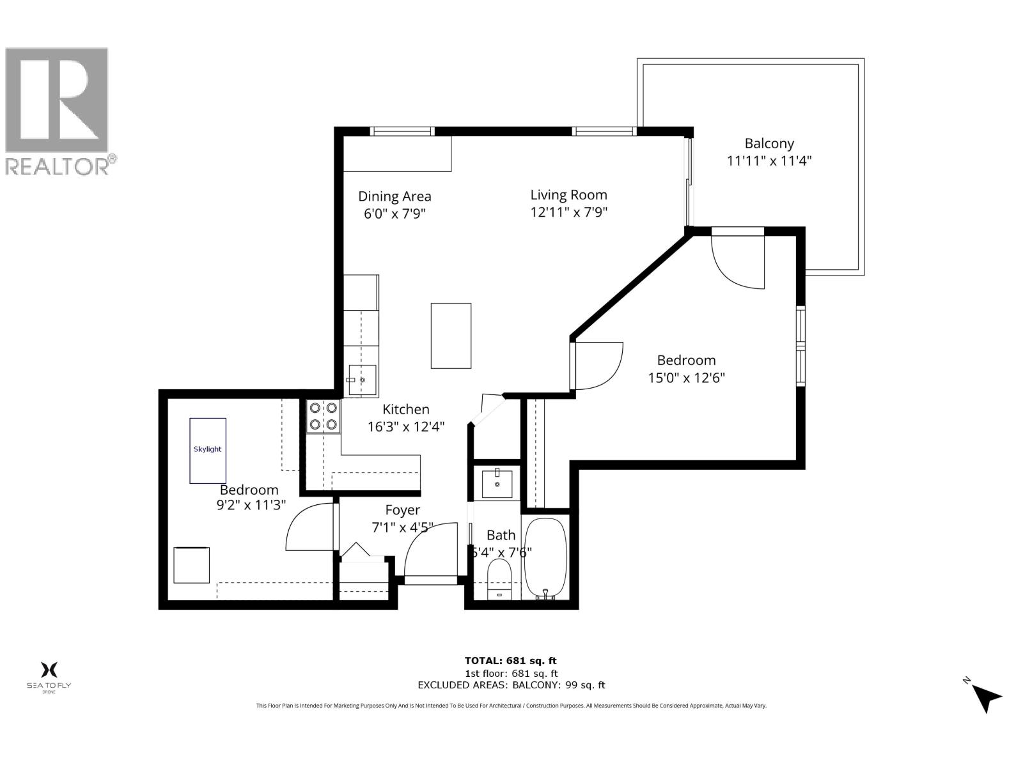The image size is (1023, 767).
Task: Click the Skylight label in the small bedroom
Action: point(207,449)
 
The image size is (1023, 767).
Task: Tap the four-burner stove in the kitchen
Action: point(323,416)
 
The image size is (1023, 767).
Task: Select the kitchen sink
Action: point(362,380)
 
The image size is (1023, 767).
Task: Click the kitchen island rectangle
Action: point(451,336)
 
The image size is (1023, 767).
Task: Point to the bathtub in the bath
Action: point(545,557)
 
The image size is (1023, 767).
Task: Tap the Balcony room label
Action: point(769,144)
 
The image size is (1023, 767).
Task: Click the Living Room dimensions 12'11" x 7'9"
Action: point(568,212)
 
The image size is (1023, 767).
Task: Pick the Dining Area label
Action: point(394,196)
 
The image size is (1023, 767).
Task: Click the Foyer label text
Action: point(402,510)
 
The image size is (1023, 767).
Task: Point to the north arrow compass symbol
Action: point(987,697)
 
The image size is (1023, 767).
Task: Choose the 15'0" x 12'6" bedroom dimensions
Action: point(686,378)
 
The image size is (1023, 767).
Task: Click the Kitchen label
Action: point(406,409)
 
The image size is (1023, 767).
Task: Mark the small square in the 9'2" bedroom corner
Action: point(191,565)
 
